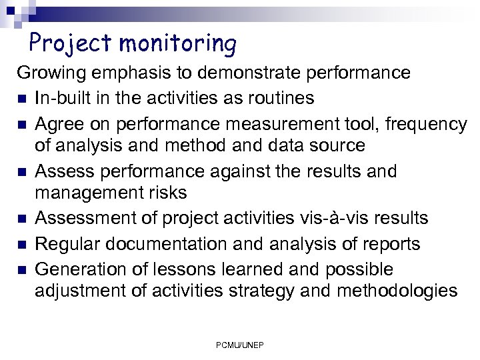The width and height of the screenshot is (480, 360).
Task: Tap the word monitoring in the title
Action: tap(178, 44)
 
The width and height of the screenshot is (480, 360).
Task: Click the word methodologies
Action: tap(397, 291)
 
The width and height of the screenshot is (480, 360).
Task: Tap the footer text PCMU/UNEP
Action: tap(239, 345)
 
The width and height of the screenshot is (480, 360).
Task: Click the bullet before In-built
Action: tap(22, 99)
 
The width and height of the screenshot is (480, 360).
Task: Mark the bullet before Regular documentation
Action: tap(22, 245)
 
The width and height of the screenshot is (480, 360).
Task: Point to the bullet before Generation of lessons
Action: tap(22, 270)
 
